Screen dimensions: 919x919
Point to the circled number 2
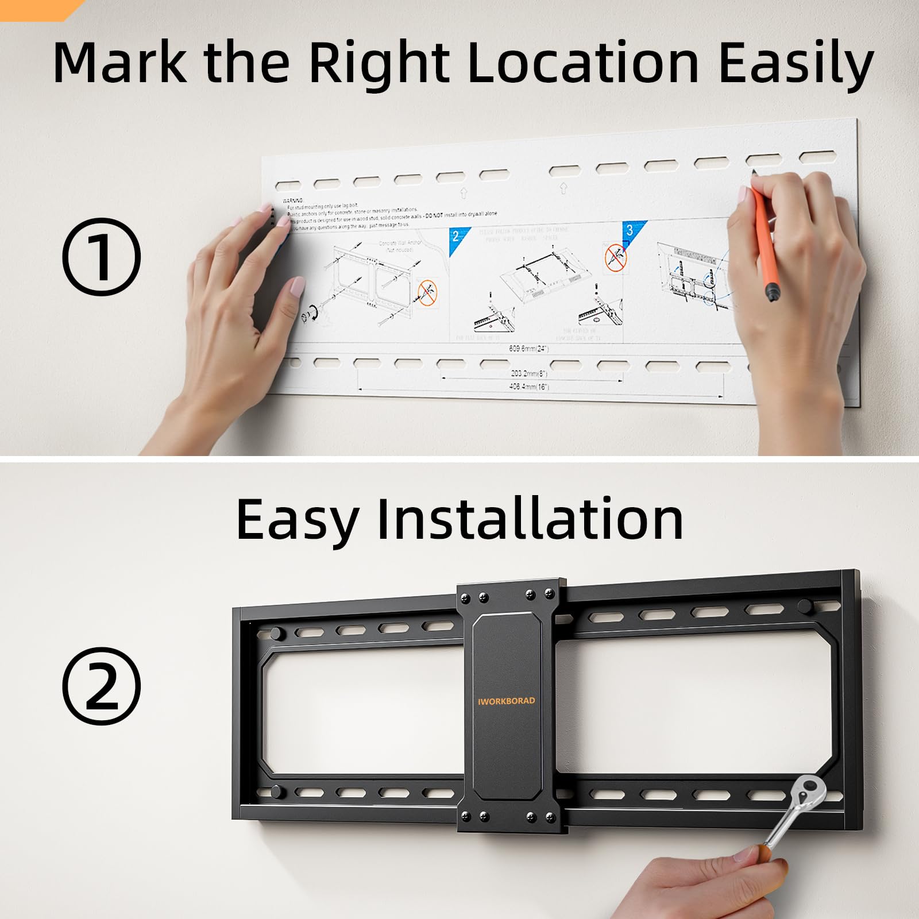pyautogui.click(x=101, y=686)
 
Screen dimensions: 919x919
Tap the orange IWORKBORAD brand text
pyautogui.click(x=506, y=701)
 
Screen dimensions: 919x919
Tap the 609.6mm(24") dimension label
pyautogui.click(x=528, y=349)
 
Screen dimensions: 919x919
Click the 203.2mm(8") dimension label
pyautogui.click(x=529, y=374)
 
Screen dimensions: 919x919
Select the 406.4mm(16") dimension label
pyautogui.click(x=529, y=387)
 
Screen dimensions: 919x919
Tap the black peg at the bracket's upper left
pyautogui.click(x=276, y=634)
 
